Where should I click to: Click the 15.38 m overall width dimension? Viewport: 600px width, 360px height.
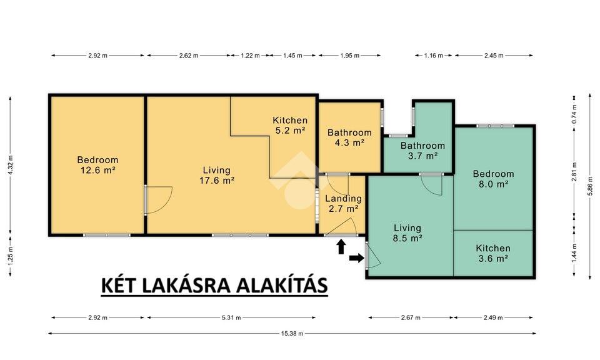pyautogui.click(x=292, y=334)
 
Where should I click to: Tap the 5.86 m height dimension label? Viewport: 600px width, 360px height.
pyautogui.click(x=589, y=189)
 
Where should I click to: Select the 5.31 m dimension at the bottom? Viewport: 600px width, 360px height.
pyautogui.click(x=231, y=317)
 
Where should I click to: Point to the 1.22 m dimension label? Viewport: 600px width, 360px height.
pyautogui.click(x=250, y=56)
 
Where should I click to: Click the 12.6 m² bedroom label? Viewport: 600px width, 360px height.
pyautogui.click(x=97, y=165)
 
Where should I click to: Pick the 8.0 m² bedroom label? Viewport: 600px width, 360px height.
pyautogui.click(x=493, y=179)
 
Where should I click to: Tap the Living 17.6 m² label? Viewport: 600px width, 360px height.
pyautogui.click(x=217, y=175)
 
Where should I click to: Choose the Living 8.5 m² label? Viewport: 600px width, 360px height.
pyautogui.click(x=407, y=233)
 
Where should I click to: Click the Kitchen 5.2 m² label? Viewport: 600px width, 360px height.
pyautogui.click(x=290, y=125)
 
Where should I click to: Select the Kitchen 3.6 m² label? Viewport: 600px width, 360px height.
pyautogui.click(x=493, y=253)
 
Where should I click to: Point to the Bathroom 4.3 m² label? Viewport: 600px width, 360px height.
pyautogui.click(x=349, y=137)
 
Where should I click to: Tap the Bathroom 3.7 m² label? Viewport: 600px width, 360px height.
pyautogui.click(x=422, y=151)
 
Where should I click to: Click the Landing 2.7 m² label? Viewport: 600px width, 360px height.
pyautogui.click(x=343, y=204)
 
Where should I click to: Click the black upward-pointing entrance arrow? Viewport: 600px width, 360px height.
pyautogui.click(x=341, y=247)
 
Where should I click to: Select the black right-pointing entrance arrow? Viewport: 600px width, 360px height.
pyautogui.click(x=357, y=258)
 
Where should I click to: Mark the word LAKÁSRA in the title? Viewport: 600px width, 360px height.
pyautogui.click(x=187, y=286)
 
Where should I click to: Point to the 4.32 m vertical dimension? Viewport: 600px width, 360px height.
pyautogui.click(x=11, y=164)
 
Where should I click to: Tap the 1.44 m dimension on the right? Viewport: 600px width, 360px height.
pyautogui.click(x=574, y=253)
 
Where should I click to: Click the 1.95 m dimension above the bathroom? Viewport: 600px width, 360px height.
pyautogui.click(x=350, y=56)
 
